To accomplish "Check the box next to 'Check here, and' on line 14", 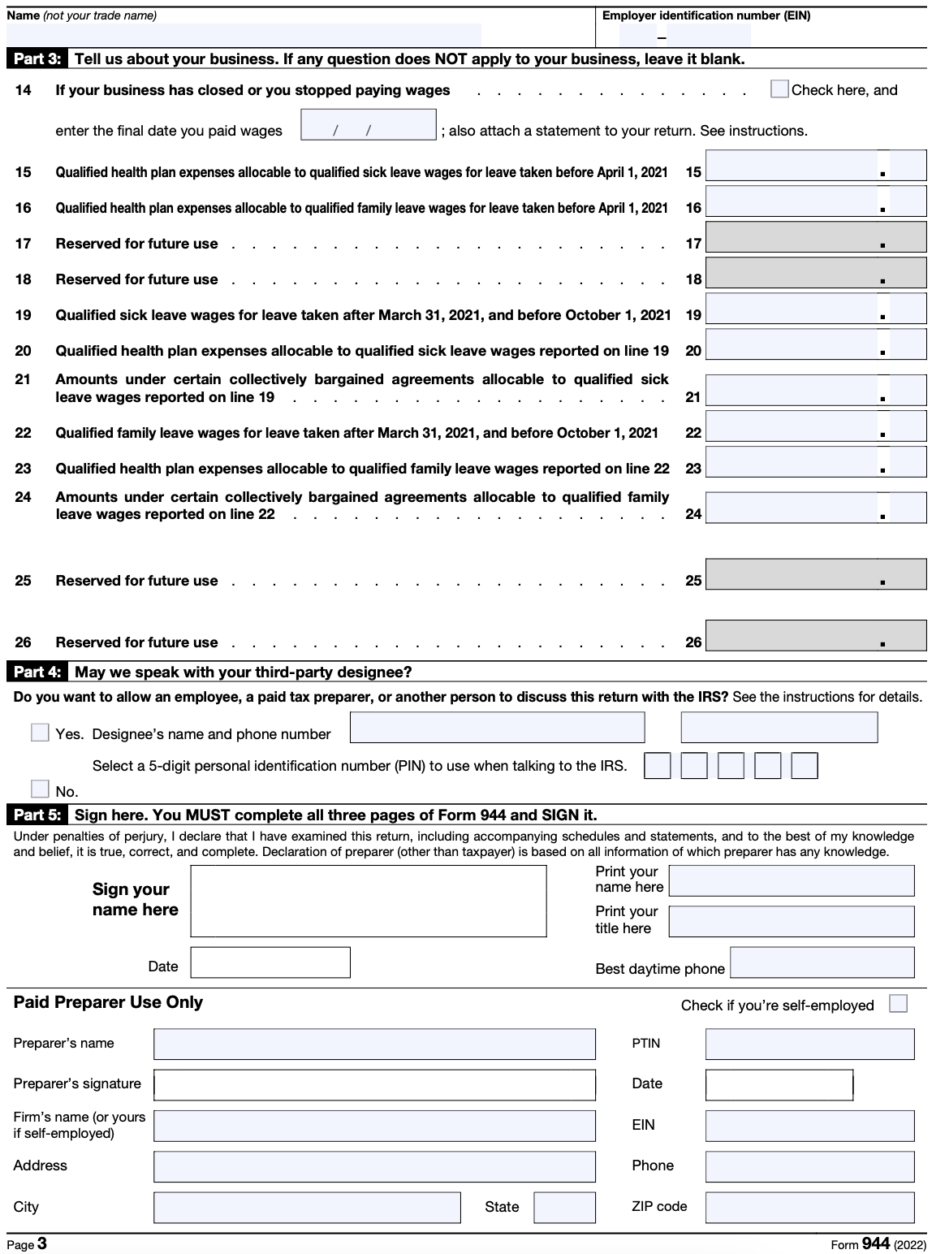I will point(779,89).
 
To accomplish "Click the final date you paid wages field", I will point(368,124).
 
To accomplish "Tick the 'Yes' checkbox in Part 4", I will point(40,733).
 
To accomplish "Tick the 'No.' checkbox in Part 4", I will point(40,789).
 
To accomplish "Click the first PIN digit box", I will point(657,766).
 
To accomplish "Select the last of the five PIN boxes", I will point(804,766).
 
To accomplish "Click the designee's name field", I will point(497,728).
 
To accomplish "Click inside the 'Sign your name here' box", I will point(368,901).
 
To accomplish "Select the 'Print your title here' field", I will point(791,921).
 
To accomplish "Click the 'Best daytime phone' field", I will point(822,962).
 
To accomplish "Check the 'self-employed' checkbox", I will point(898,1004).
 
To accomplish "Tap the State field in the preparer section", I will point(564,1207).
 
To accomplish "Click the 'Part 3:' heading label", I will point(37,59).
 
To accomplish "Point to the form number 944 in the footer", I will point(875,1244).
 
